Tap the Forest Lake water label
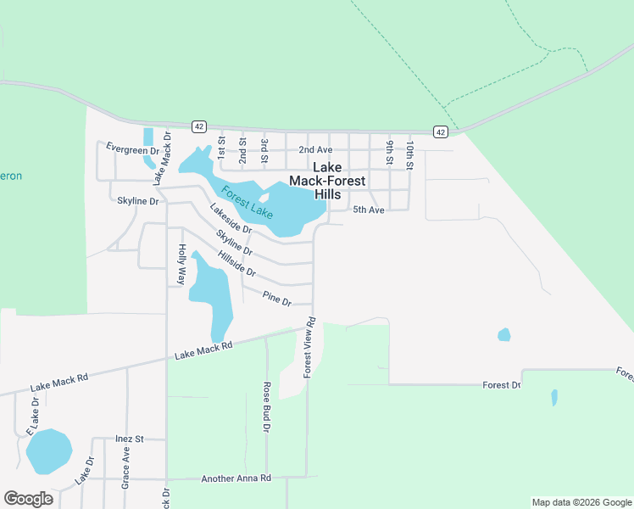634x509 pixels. click(x=247, y=201)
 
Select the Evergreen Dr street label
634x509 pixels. click(x=132, y=148)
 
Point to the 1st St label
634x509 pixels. click(x=221, y=149)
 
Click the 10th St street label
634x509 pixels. click(x=409, y=156)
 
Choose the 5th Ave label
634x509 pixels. click(x=369, y=210)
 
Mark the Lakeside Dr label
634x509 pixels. click(x=231, y=219)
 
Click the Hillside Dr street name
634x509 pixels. click(x=236, y=264)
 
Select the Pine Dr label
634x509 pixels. click(x=276, y=298)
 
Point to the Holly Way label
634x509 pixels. click(x=181, y=264)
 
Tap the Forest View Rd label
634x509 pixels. click(x=310, y=348)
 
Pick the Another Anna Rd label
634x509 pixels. click(x=236, y=478)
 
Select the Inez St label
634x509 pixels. click(x=129, y=439)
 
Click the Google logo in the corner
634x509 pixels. click(x=28, y=499)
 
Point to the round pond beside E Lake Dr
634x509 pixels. click(x=48, y=451)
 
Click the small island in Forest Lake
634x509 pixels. click(x=264, y=199)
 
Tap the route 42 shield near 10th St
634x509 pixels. click(x=440, y=131)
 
